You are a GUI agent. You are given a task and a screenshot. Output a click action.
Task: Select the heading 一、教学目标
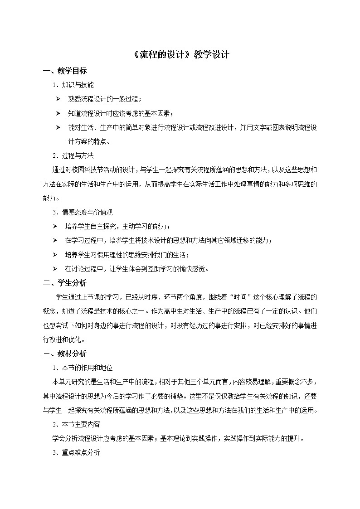click(x=64, y=71)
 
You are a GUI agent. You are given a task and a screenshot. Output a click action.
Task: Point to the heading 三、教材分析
click(x=64, y=354)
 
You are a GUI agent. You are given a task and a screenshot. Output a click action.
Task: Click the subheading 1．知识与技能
click(x=73, y=85)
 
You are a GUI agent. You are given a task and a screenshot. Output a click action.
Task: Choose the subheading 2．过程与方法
click(x=73, y=155)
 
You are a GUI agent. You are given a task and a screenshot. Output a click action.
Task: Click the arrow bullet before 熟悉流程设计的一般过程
click(x=58, y=99)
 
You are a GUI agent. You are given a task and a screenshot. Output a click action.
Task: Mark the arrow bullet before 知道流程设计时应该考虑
click(x=58, y=113)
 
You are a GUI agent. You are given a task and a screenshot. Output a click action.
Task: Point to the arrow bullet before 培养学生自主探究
click(x=55, y=226)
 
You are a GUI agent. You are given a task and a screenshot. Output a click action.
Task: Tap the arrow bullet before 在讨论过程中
click(x=55, y=269)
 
